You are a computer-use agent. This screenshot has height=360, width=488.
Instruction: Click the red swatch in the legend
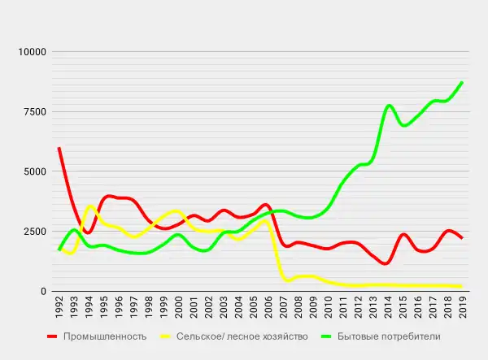click(x=54, y=336)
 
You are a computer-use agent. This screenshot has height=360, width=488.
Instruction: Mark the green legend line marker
click(x=333, y=336)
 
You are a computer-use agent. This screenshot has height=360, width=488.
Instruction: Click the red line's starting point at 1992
click(x=59, y=149)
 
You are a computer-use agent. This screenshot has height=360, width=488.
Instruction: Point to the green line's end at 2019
click(x=462, y=83)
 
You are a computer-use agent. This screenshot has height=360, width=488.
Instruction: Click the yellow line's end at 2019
click(x=462, y=286)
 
